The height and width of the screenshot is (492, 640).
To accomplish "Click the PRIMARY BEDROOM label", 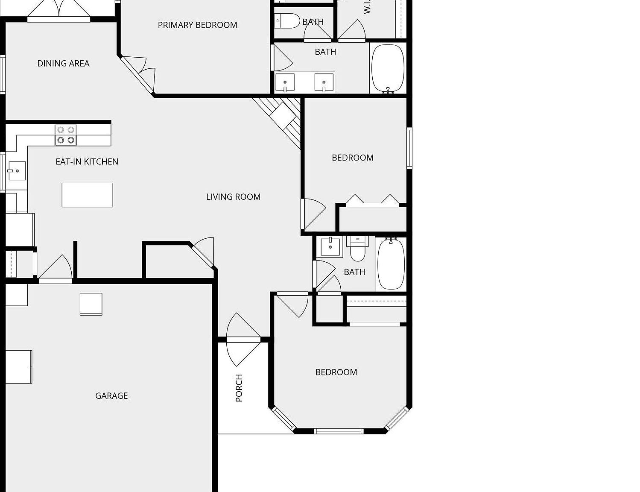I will click(197, 25).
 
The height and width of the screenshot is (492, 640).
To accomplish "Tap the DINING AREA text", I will click(63, 64).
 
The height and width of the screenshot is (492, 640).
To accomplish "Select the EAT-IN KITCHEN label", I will click(87, 162).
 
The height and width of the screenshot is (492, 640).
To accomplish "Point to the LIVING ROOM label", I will click(233, 197).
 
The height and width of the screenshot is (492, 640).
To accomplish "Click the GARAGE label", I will click(111, 396).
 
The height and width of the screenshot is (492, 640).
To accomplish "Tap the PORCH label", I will click(239, 388).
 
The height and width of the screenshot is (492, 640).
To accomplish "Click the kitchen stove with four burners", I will click(66, 135).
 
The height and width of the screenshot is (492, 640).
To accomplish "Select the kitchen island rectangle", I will click(87, 195).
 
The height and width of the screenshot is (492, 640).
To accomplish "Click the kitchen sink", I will click(17, 171).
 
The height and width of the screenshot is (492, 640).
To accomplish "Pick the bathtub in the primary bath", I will click(388, 68).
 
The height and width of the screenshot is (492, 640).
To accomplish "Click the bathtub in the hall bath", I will click(391, 264).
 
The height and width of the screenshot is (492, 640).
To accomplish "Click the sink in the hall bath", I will click(330, 247).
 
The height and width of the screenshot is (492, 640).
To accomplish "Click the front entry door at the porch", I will click(243, 340).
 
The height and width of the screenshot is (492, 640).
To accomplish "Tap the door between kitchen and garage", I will click(56, 280).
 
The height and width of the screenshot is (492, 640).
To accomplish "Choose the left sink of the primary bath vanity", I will click(285, 83).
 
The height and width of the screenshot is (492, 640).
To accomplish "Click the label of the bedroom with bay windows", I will click(336, 372).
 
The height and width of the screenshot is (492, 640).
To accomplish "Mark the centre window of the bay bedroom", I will click(339, 431).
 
